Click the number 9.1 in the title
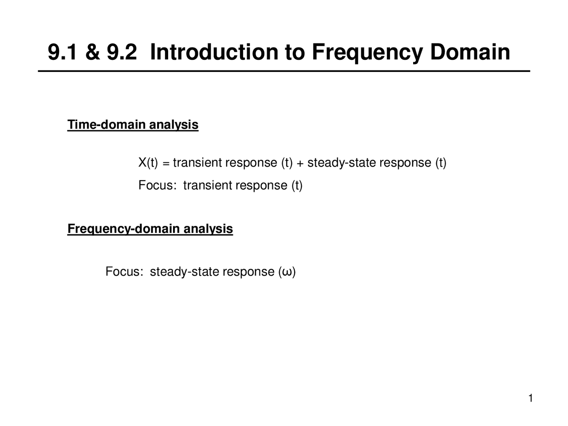63,52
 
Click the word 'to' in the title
294,52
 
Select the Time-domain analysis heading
133,125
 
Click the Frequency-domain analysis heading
150,229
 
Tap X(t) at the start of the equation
148,163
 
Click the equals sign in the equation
166,163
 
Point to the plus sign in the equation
300,163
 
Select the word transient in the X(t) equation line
197,163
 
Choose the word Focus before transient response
155,185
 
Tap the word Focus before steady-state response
122,272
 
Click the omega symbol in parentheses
287,272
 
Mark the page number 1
530,398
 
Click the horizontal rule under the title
284,71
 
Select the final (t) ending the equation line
441,163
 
